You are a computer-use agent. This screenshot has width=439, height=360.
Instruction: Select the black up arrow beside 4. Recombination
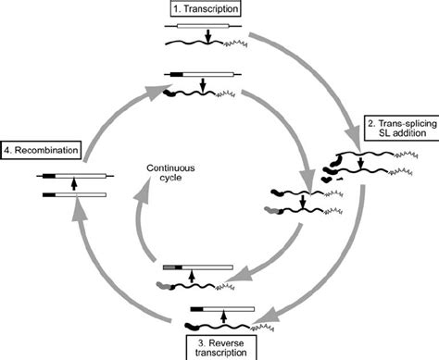click(x=73, y=182)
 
